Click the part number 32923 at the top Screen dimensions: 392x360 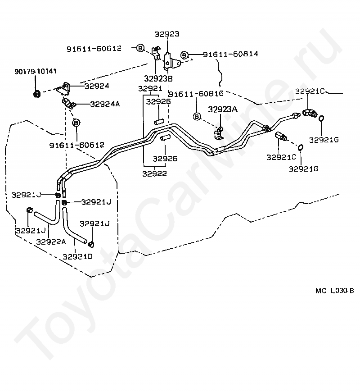point(167,34)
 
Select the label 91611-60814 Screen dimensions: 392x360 point(230,54)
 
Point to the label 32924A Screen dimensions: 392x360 point(105,104)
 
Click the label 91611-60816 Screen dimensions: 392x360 point(196,94)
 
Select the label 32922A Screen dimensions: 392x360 point(51,242)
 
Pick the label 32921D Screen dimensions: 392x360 point(77,256)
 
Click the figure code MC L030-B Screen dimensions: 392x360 point(334,291)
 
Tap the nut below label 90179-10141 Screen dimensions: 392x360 point(36,94)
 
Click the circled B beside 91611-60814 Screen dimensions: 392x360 point(184,55)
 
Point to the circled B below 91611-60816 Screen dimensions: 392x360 point(197,117)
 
